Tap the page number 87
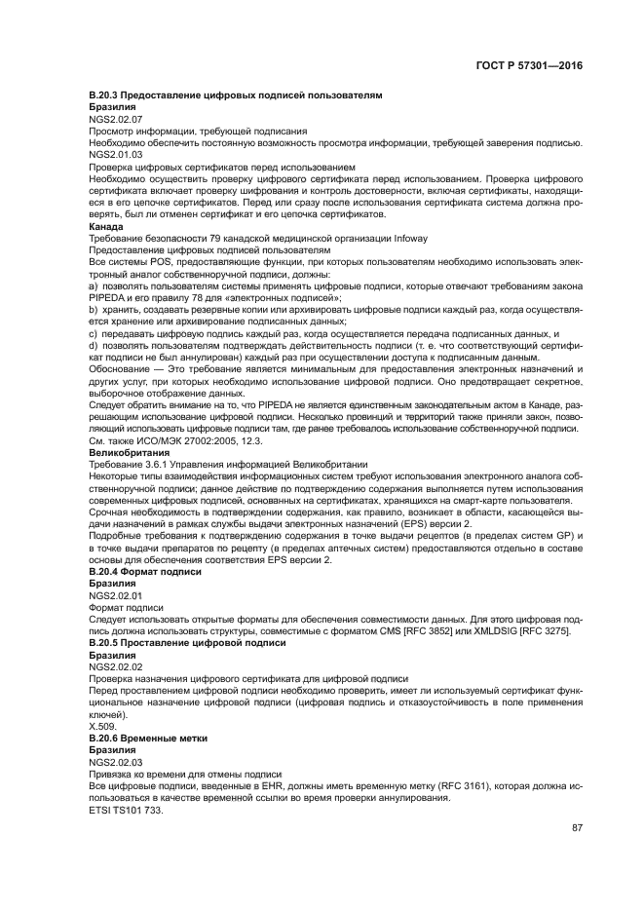coord(576,828)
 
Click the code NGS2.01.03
coord(115,154)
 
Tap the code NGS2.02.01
coord(115,594)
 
